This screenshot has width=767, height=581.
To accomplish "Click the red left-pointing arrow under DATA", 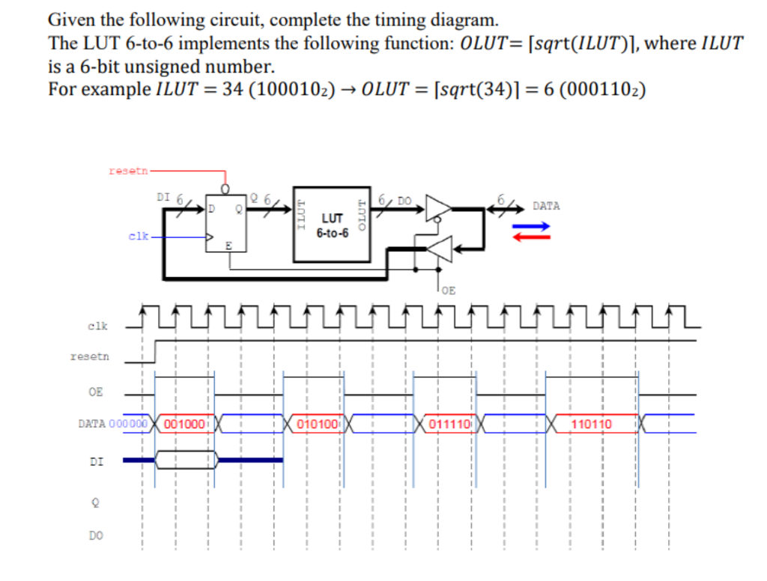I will [531, 237].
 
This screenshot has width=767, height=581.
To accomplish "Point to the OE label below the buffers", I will [447, 289].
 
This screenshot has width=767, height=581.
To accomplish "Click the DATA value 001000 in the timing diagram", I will [184, 424].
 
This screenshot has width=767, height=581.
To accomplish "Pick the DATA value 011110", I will [449, 424].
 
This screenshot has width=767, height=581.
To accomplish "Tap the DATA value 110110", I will [591, 424].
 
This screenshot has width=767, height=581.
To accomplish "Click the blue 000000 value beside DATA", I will [127, 424].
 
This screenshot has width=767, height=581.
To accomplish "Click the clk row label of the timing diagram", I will [97, 326].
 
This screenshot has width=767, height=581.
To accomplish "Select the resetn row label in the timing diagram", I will [89, 356].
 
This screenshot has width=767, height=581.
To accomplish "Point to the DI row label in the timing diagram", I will [96, 462].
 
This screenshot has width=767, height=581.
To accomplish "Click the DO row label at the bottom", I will [96, 535].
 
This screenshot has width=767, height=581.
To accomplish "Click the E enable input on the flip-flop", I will [228, 246].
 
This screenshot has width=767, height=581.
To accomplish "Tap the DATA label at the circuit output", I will [546, 206].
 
